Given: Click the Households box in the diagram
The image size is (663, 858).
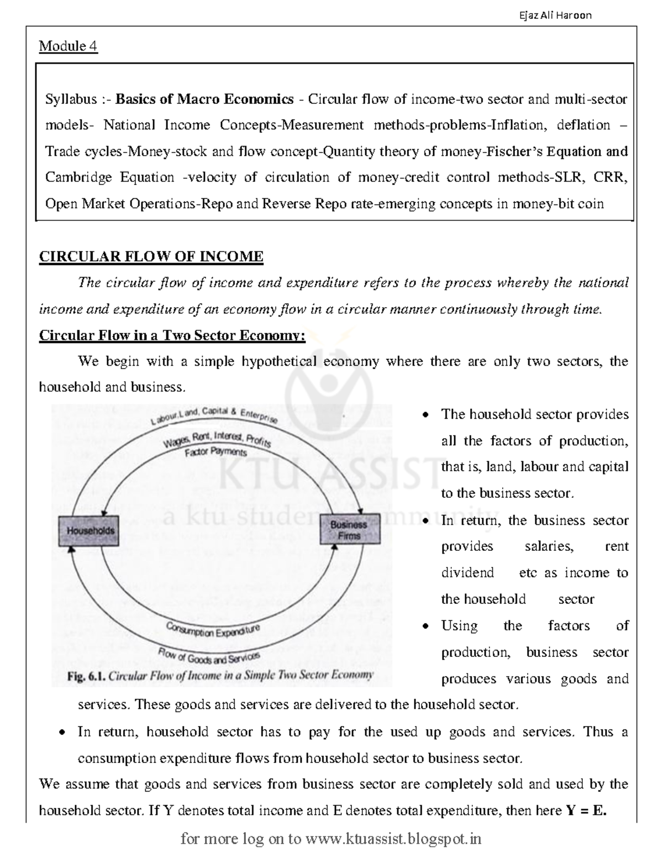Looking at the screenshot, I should point(90,530).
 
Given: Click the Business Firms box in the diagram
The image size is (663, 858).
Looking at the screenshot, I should point(349,530).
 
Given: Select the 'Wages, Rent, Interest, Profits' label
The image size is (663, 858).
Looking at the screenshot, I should point(217,439).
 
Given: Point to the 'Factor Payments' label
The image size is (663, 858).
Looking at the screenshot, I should point(215,452).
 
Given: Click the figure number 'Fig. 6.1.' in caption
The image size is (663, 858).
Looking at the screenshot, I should point(86,675).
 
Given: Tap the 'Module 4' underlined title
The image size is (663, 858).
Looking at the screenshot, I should point(68,46).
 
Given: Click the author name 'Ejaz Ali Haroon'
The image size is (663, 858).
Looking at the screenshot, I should point(555,15).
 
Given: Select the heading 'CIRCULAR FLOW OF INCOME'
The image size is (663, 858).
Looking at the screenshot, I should point(151,257).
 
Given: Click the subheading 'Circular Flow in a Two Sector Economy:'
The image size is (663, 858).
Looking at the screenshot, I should point(172,336).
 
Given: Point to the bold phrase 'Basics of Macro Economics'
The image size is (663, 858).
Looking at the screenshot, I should point(204,99).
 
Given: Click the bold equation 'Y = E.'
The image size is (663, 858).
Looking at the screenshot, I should point(586,810).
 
